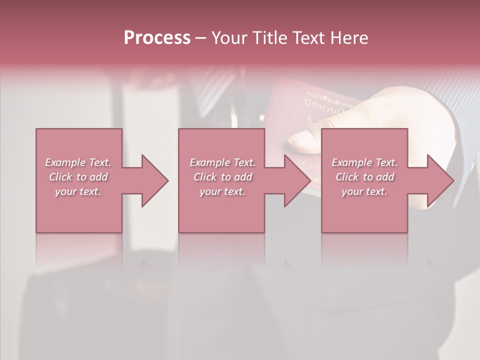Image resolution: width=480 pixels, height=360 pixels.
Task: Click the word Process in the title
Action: coord(157,38)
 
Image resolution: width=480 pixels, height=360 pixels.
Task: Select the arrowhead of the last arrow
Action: coord(440,180)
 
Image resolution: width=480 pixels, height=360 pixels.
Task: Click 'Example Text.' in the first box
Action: coord(78,162)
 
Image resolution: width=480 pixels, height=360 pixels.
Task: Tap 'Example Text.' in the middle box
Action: coord(222,162)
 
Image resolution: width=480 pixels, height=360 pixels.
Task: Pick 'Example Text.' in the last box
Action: coord(364,162)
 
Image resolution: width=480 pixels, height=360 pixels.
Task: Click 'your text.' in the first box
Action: coord(78,191)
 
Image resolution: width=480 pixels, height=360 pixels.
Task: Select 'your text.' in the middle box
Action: coord(222,191)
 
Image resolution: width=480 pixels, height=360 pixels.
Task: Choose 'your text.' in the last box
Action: coord(364,191)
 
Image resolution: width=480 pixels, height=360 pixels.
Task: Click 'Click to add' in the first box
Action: coord(78,177)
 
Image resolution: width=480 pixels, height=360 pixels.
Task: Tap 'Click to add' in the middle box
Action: coord(222,177)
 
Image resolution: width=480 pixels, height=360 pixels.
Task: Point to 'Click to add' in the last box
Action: coord(364,177)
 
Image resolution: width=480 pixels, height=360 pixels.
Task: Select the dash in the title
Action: coord(200,38)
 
